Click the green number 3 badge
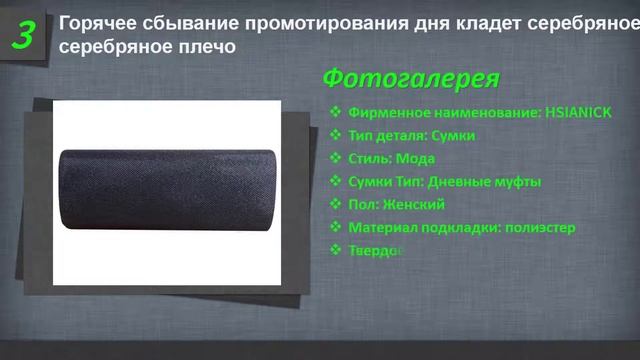[x=25, y=35]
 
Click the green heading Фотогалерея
[x=411, y=78]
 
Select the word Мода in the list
[x=414, y=158]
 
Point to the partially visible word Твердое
[x=374, y=250]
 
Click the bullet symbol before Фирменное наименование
[x=335, y=113]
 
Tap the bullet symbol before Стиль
[x=335, y=158]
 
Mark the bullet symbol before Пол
[x=335, y=204]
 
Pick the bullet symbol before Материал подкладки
[x=335, y=227]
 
